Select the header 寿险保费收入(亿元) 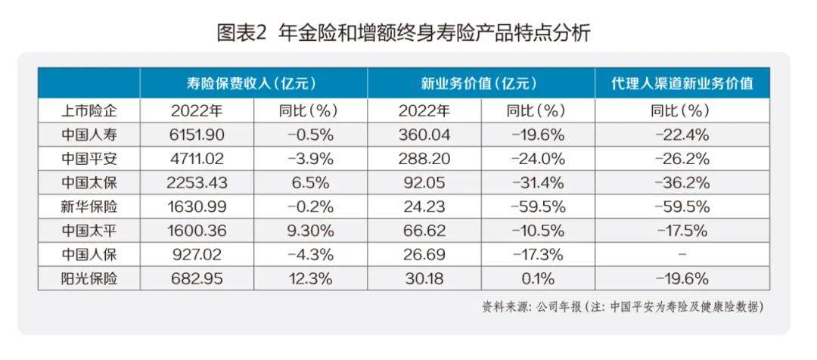coord(253,83)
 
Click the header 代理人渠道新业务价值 coord(682,83)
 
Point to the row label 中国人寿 coord(89,135)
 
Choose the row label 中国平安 coord(89,160)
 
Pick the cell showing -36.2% coord(681,184)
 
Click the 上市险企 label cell coord(89,111)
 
